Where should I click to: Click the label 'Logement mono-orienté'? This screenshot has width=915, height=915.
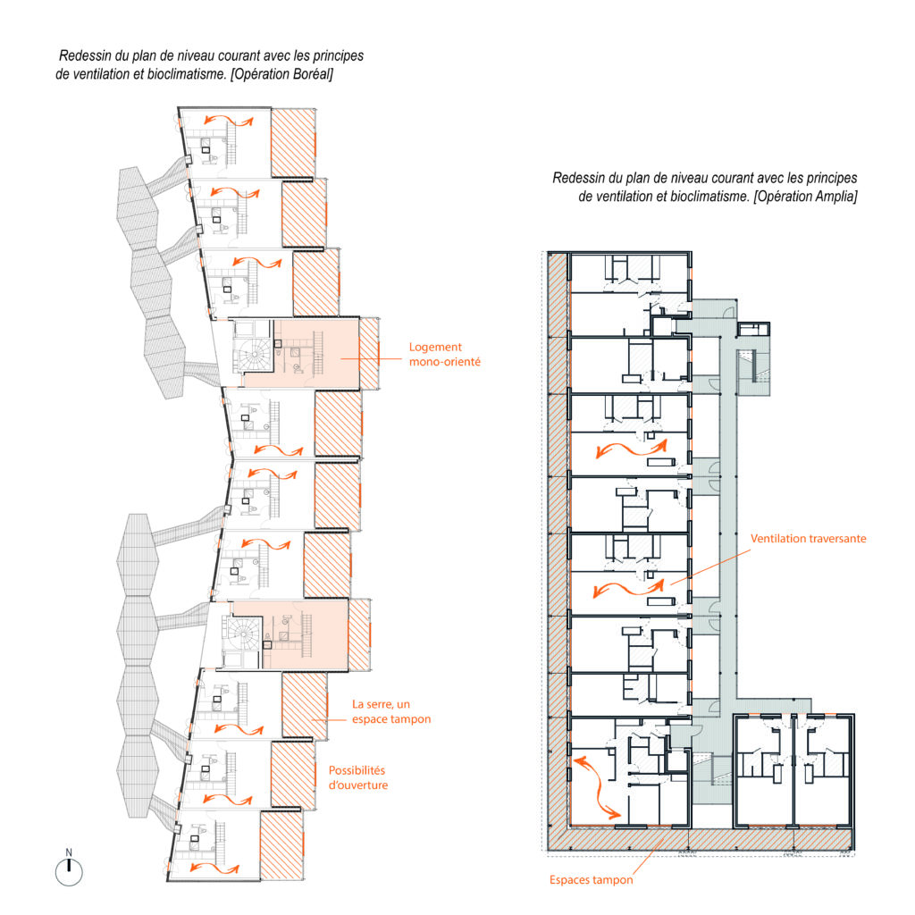pos(445,354)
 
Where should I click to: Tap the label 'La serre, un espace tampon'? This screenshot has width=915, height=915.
pos(391,711)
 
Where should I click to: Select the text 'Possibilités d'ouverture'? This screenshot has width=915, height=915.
pos(357,778)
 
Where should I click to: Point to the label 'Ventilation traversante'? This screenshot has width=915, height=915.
pos(808,539)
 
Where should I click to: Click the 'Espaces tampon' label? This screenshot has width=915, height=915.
pos(592,880)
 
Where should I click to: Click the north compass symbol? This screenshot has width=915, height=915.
pos(69,873)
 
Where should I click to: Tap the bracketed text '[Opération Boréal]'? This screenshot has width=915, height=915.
pos(281,75)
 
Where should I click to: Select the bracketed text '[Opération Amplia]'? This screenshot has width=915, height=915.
pos(805,197)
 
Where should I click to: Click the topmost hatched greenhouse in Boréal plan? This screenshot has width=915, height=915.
pos(293,143)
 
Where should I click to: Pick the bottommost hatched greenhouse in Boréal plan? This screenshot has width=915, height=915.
pos(281,845)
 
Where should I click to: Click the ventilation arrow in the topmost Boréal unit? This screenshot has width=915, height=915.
pos(229,121)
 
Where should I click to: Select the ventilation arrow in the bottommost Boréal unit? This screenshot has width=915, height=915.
pos(214,869)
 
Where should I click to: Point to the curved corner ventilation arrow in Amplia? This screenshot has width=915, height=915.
pos(596,788)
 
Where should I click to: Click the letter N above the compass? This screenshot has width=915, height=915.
pos(69,852)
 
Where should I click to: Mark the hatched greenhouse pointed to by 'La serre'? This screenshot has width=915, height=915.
pos(304,706)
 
